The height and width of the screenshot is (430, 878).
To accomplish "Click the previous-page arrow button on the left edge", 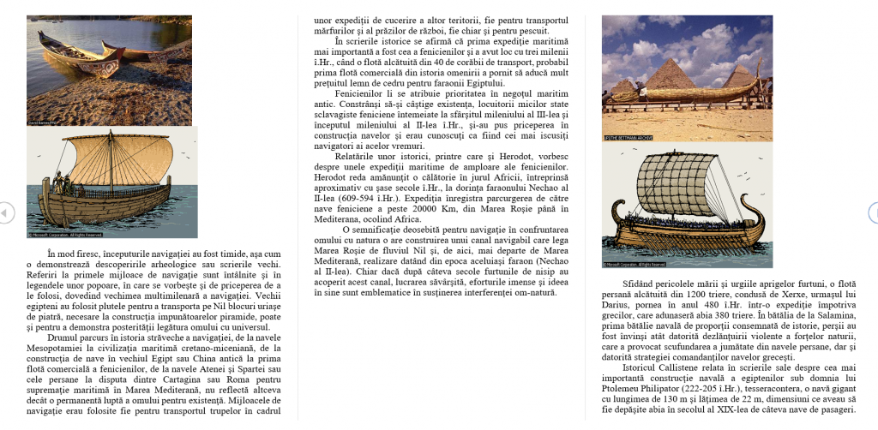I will point(5,212).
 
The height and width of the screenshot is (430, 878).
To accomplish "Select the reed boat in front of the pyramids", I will point(686,90).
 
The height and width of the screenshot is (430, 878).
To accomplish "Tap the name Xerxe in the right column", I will point(777,294).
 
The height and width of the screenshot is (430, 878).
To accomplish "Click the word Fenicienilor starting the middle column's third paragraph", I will point(364,93).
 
